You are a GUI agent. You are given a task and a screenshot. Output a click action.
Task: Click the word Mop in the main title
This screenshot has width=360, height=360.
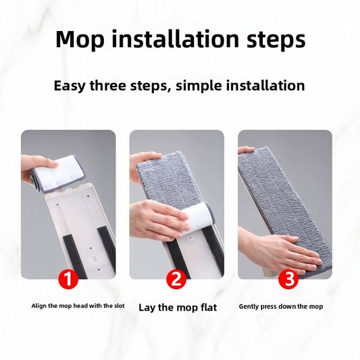point(80,39)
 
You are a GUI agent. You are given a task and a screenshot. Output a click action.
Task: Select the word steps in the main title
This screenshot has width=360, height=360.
point(276,41)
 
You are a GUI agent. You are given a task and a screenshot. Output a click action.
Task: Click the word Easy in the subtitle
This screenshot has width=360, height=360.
point(70,86)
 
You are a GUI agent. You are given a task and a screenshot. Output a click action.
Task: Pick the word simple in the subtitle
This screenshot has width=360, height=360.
point(199,86)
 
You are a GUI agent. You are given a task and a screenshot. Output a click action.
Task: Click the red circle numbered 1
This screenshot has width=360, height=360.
point(68,280)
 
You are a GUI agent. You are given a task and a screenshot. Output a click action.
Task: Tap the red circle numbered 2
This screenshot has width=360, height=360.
point(176,280)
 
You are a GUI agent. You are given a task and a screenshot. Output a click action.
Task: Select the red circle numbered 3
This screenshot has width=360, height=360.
point(288,280)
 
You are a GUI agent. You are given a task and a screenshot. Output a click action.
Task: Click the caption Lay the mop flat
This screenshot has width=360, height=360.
point(178,307)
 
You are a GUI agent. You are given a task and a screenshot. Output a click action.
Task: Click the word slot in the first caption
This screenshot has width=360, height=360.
point(119,306)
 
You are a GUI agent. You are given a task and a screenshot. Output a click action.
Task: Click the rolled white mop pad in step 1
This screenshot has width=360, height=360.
point(59,174)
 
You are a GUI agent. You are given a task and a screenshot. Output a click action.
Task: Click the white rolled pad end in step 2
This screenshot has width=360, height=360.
point(198,219)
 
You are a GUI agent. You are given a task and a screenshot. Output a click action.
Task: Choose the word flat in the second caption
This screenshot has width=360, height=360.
point(209,307)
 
